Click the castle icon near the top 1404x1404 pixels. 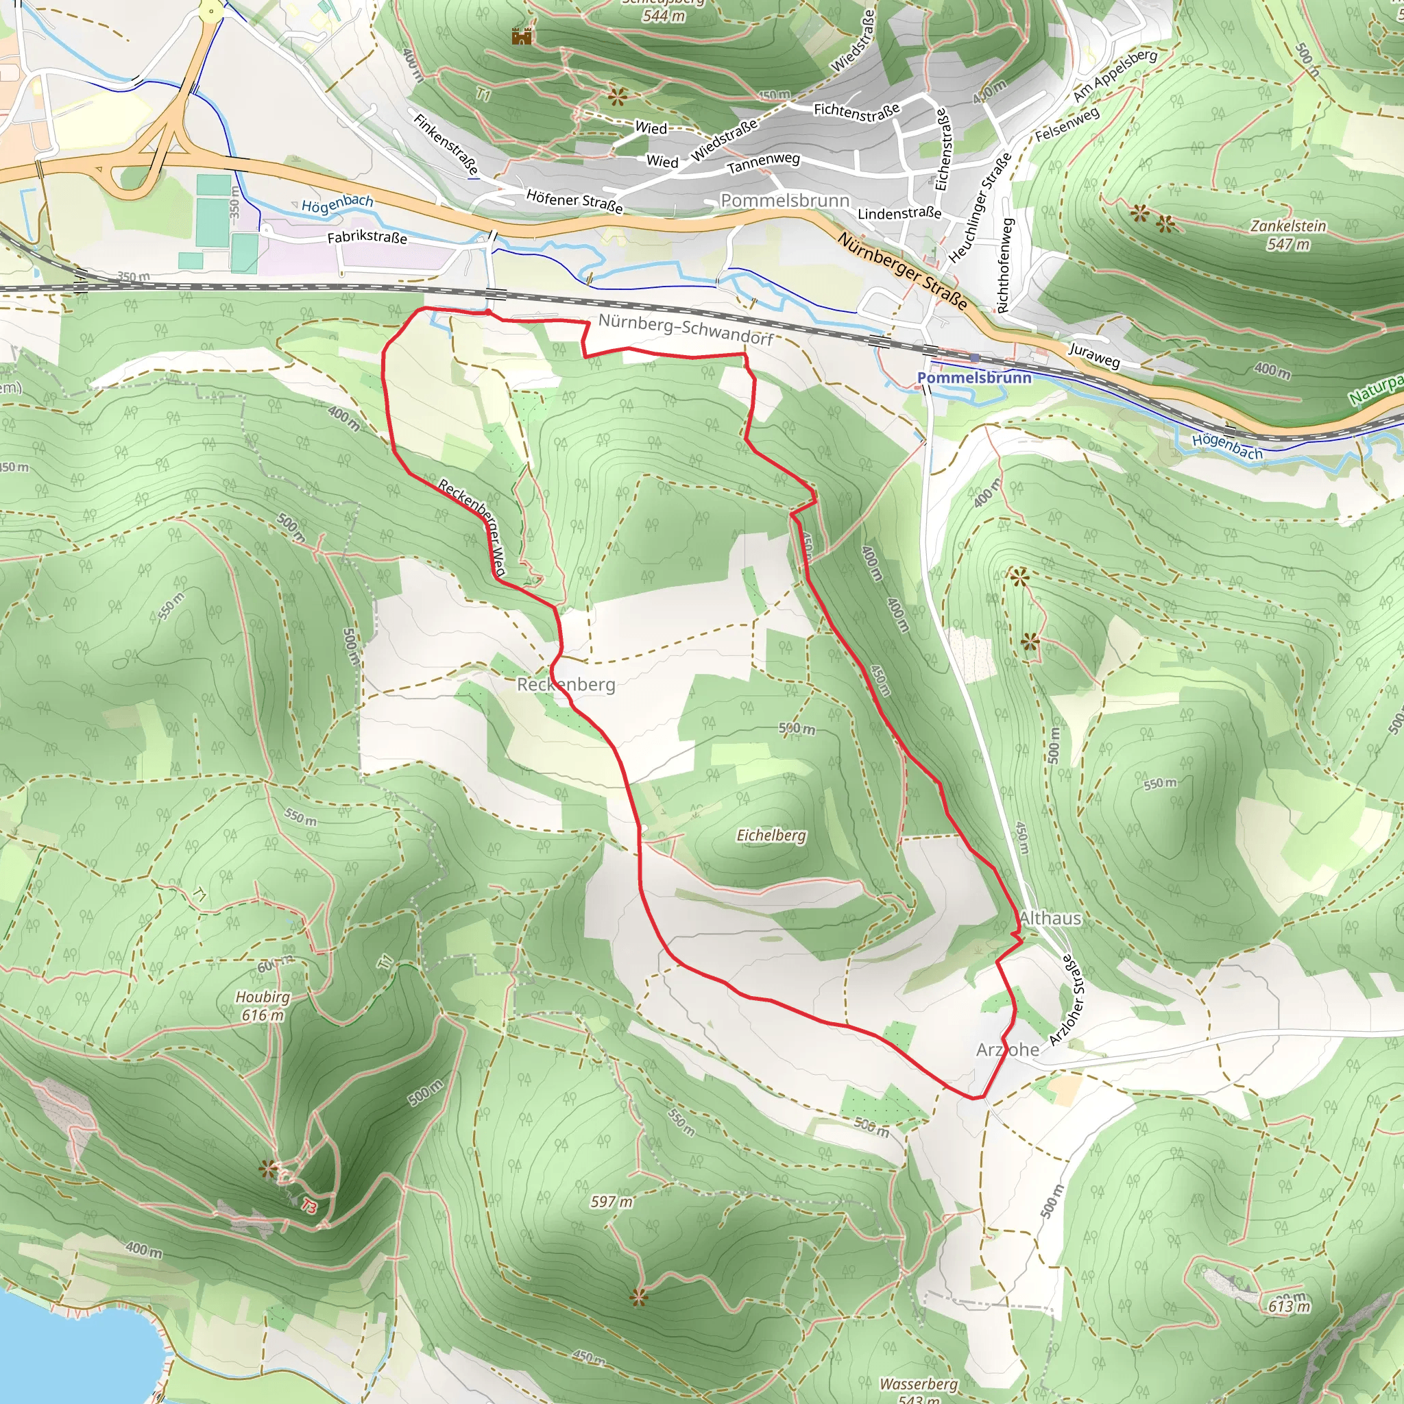pyautogui.click(x=522, y=36)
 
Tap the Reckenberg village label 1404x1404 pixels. pyautogui.click(x=566, y=685)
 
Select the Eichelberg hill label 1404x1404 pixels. pyautogui.click(x=771, y=836)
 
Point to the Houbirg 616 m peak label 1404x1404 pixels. pyautogui.click(x=263, y=1006)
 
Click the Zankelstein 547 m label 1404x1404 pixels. pyautogui.click(x=1287, y=234)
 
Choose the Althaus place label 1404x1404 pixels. pyautogui.click(x=1050, y=919)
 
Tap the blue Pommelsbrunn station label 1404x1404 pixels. pyautogui.click(x=973, y=378)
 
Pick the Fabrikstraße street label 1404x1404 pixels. pyautogui.click(x=367, y=238)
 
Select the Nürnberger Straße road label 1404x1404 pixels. pyautogui.click(x=903, y=270)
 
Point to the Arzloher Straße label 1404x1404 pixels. pyautogui.click(x=1066, y=1000)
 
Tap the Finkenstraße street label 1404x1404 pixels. pyautogui.click(x=446, y=144)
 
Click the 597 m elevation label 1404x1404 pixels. pyautogui.click(x=611, y=1202)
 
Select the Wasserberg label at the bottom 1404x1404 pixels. pyautogui.click(x=919, y=1383)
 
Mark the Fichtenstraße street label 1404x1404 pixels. pyautogui.click(x=857, y=110)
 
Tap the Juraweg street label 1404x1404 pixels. pyautogui.click(x=1093, y=354)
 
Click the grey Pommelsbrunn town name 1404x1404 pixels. pyautogui.click(x=785, y=201)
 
